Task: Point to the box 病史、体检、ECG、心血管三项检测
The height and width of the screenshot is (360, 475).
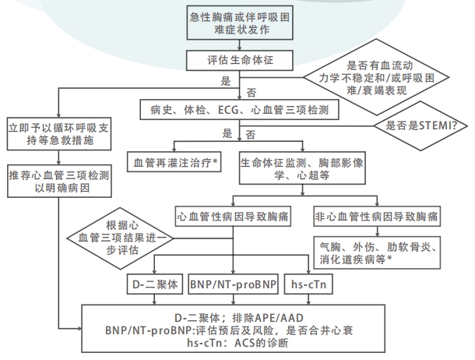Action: [240, 109]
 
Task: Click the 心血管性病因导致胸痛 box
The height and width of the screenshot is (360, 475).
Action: [234, 214]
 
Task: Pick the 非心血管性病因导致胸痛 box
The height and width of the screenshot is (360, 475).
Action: [378, 214]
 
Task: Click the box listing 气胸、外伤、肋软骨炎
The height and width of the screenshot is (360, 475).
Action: [378, 252]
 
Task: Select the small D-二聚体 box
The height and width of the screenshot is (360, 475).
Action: [155, 284]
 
